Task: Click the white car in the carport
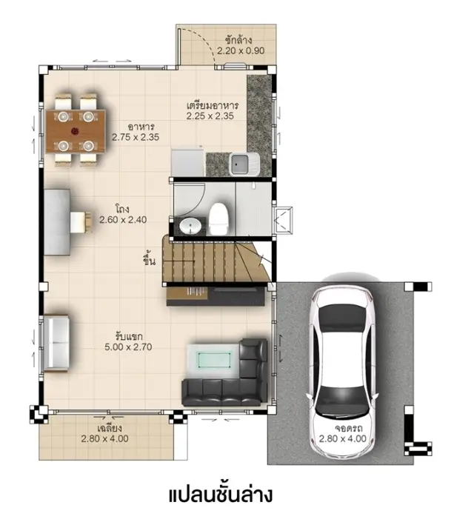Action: click(x=341, y=372)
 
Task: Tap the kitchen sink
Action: click(x=244, y=164)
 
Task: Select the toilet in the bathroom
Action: click(x=218, y=218)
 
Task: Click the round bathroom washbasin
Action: click(x=190, y=226)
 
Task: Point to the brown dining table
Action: click(x=76, y=132)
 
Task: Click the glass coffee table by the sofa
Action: click(x=213, y=361)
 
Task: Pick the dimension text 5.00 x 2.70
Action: click(x=128, y=347)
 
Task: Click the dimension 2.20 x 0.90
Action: click(x=241, y=51)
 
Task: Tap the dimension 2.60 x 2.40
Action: click(x=123, y=220)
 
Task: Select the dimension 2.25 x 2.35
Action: click(x=210, y=116)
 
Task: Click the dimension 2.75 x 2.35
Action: click(x=136, y=137)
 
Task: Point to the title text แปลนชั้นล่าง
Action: click(x=221, y=495)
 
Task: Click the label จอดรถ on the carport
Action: click(x=349, y=429)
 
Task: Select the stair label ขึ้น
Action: click(x=149, y=259)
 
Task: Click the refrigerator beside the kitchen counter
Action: click(x=187, y=163)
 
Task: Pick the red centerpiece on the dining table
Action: click(x=75, y=131)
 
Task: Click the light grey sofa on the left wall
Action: click(x=56, y=343)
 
